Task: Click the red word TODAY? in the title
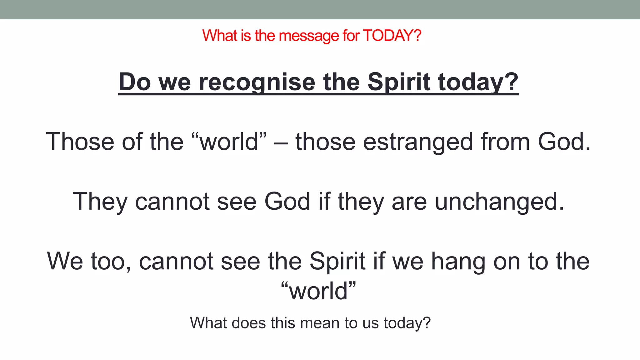pos(392,36)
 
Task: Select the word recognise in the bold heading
pos(257,82)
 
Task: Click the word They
pos(100,202)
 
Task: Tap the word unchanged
pos(499,202)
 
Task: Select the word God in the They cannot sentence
pos(287,201)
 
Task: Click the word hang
pos(458,262)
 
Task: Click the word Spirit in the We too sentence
pos(337,261)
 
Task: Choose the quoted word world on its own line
pos(318,291)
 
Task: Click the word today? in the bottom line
pos(407,323)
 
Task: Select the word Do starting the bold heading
pos(135,82)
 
